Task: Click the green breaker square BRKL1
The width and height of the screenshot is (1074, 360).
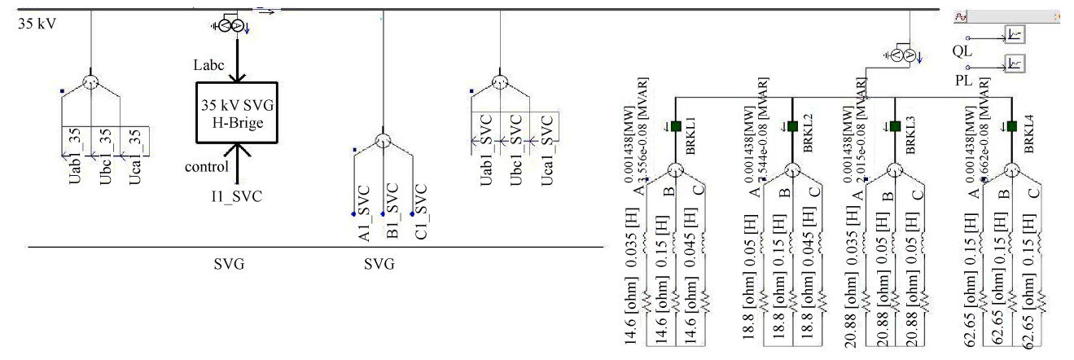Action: coord(676,126)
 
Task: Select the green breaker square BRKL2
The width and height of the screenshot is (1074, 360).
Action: coord(792,126)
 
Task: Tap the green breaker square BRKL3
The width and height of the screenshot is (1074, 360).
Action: coord(895,126)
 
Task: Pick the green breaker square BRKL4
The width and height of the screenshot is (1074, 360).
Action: coord(1011,126)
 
